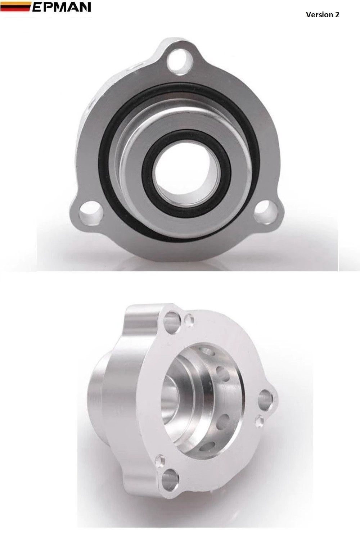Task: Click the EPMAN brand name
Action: click(x=62, y=7)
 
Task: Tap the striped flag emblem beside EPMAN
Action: click(x=15, y=7)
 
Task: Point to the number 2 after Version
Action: click(x=337, y=15)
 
